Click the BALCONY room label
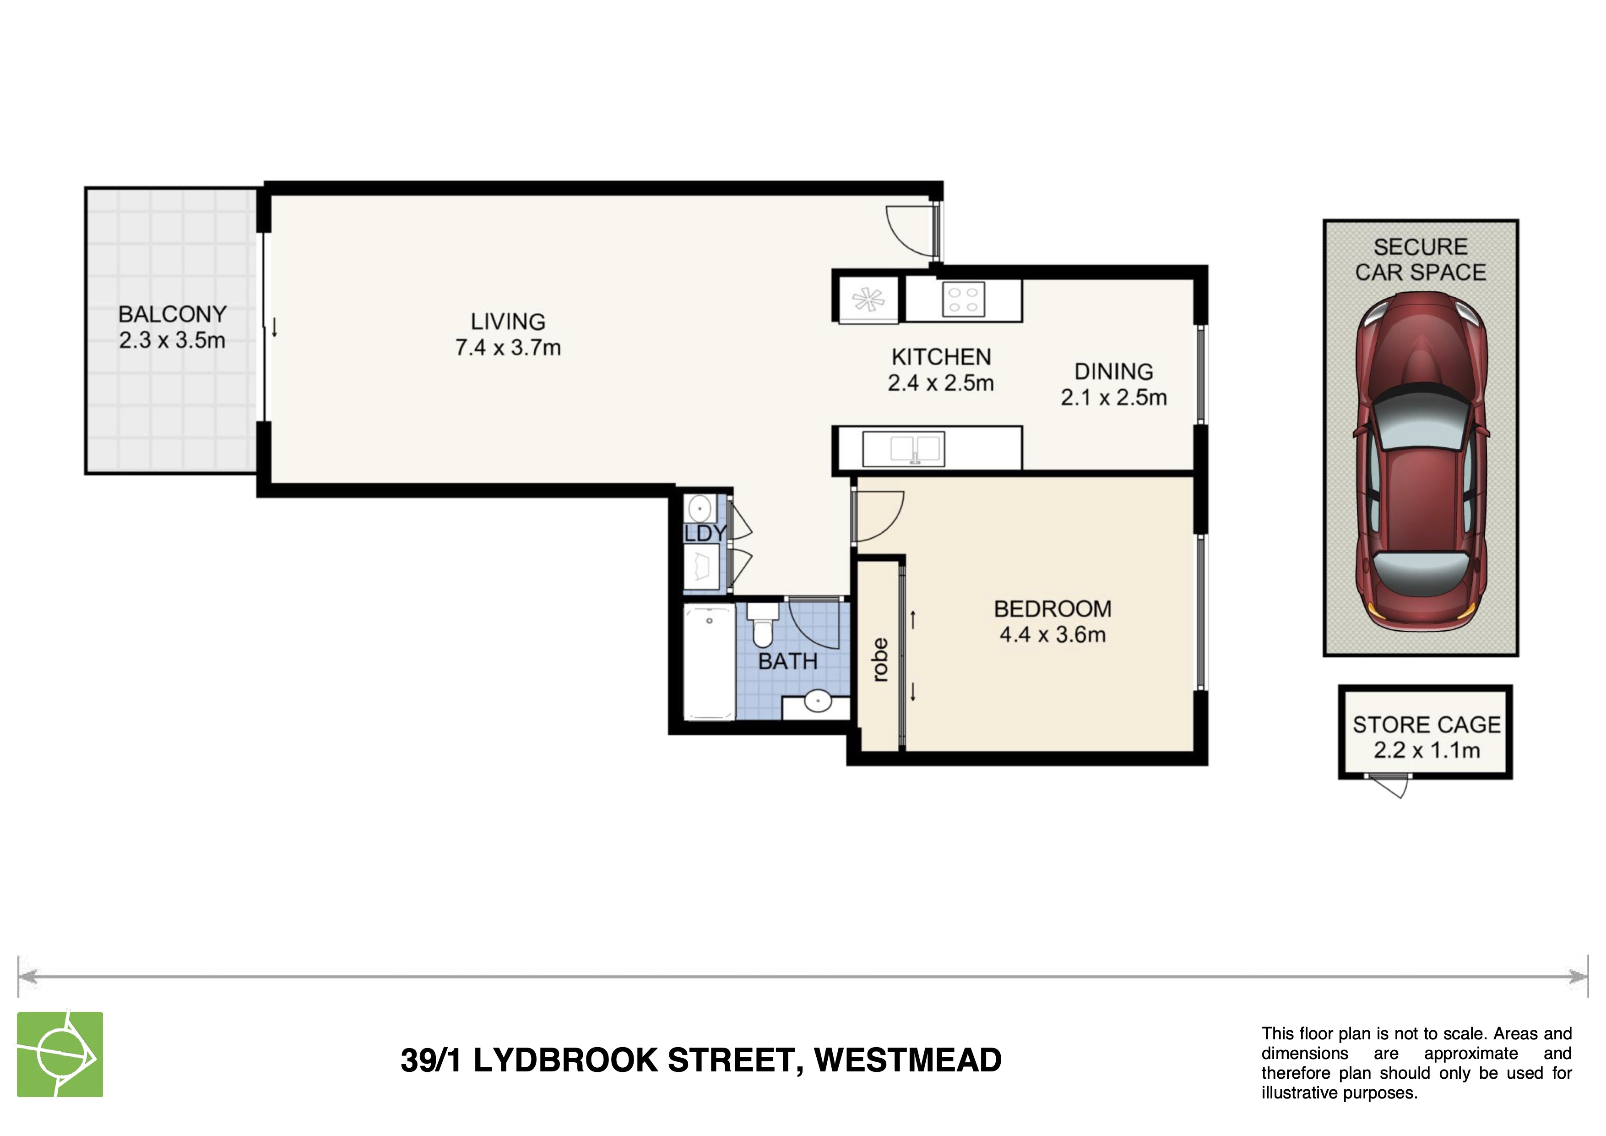click(172, 314)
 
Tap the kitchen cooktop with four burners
click(963, 300)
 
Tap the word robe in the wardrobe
click(880, 659)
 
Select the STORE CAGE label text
click(1426, 725)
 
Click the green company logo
click(60, 1054)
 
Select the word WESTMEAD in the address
click(907, 1060)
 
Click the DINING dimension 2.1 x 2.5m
click(1113, 398)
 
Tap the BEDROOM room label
click(1053, 609)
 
